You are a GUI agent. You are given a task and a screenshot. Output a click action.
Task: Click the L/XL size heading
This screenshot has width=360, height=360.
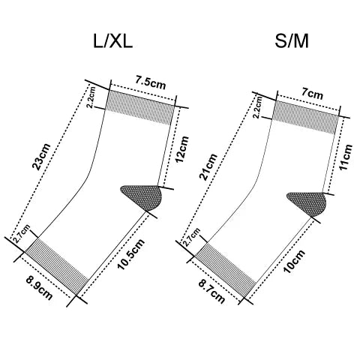(x=112, y=41)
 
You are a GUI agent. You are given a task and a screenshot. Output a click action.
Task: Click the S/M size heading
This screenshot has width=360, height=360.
(x=292, y=41)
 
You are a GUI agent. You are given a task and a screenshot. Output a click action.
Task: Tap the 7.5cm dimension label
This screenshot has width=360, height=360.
(x=151, y=82)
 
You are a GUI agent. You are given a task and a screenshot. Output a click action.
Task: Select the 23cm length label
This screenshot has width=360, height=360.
(x=41, y=157)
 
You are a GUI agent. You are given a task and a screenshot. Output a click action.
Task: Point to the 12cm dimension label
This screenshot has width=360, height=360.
(x=181, y=149)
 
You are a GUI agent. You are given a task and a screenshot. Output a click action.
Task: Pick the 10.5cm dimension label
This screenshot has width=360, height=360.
(x=131, y=254)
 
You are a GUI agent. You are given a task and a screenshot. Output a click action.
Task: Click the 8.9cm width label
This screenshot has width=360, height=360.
(x=39, y=288)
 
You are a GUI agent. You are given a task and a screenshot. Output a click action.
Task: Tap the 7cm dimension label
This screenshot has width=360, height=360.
(x=312, y=94)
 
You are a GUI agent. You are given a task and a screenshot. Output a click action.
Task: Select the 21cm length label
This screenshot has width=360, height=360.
(x=208, y=166)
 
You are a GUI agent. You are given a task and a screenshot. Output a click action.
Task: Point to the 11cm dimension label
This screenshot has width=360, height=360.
(x=346, y=157)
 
